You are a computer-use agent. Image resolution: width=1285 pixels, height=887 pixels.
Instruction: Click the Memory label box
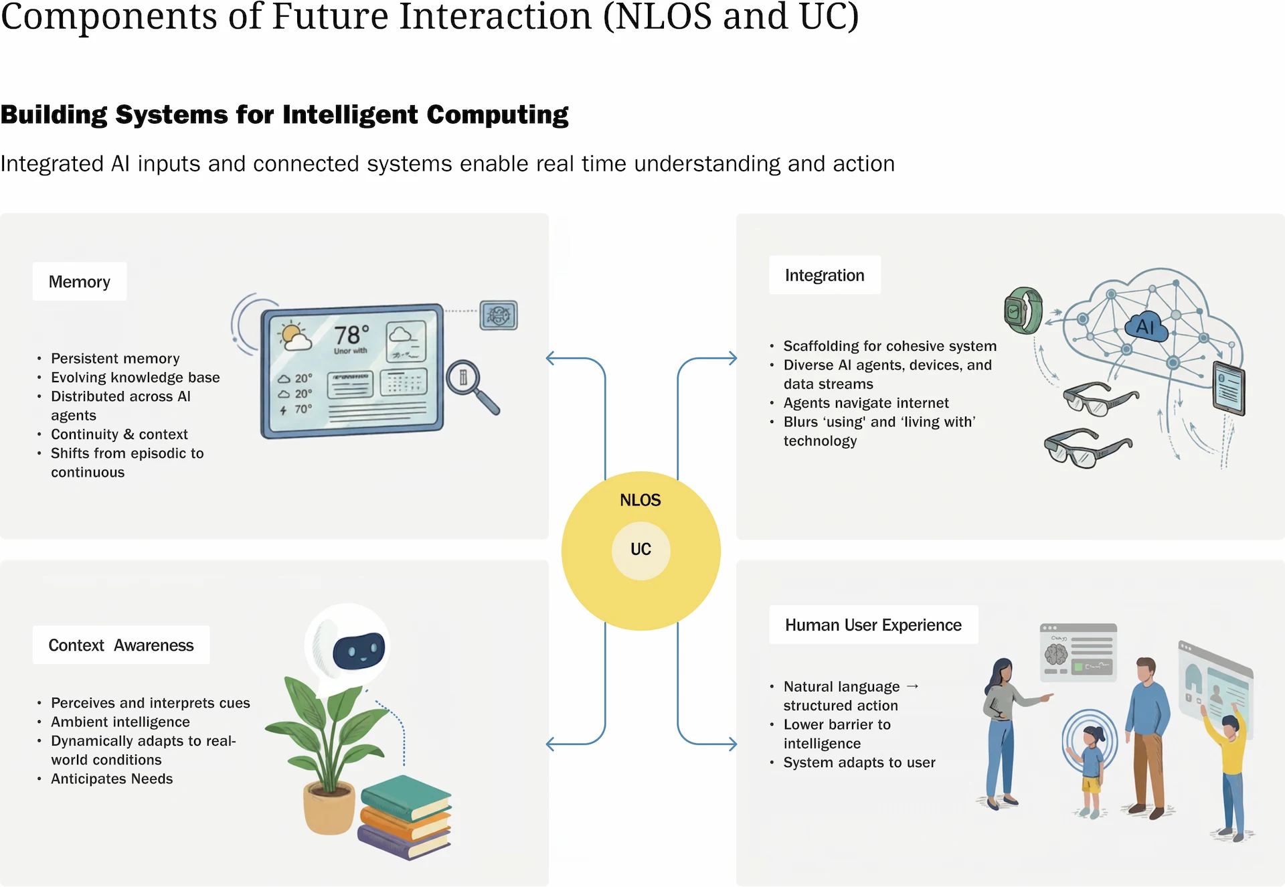tap(80, 282)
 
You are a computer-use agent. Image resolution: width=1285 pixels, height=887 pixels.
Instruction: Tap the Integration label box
tap(825, 275)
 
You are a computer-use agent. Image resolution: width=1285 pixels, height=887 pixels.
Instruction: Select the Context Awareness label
tap(121, 645)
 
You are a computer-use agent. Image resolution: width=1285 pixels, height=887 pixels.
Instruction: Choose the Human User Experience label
tap(873, 625)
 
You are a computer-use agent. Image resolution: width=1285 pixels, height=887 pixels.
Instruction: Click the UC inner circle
tap(640, 550)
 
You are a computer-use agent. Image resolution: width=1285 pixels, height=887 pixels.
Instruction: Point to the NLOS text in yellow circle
tap(640, 500)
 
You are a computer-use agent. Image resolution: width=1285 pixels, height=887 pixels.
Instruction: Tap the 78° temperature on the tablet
tap(351, 335)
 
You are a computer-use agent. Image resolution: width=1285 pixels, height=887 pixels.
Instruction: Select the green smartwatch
tap(1023, 311)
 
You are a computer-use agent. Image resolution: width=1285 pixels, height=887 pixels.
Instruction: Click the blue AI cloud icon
tap(1145, 327)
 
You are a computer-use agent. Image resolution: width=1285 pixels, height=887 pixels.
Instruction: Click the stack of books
tap(406, 817)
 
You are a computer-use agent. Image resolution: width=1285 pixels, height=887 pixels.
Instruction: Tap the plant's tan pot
tap(329, 809)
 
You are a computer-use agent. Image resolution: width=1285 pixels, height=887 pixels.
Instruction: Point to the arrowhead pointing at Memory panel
tap(550, 358)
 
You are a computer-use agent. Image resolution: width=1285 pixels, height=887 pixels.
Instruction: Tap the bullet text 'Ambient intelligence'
tap(120, 722)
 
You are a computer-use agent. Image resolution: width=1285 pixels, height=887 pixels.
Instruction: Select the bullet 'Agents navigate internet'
tap(866, 403)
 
